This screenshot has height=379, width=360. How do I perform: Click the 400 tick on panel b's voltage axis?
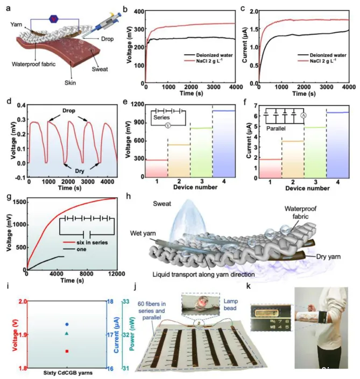click(139, 11)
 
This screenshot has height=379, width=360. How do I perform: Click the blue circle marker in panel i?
click(67, 324)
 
